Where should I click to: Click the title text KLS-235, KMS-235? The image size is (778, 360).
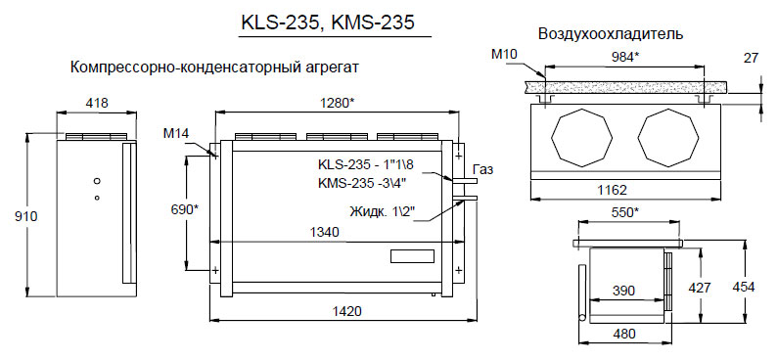tap(327, 22)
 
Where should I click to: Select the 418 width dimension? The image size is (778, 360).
tap(97, 103)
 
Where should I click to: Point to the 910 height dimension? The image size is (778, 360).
tap(25, 216)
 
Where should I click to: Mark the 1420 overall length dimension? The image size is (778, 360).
tap(345, 311)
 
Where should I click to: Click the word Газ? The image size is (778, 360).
tap(483, 170)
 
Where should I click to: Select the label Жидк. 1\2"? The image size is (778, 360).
tap(383, 211)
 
